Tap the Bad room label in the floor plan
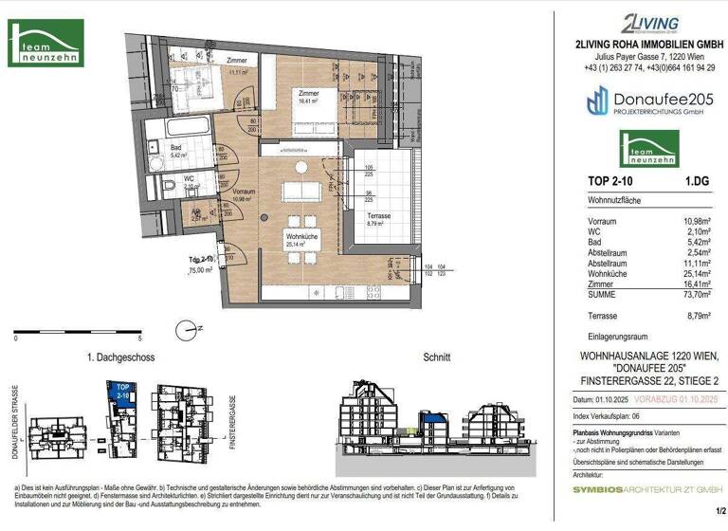pyautogui.click(x=176, y=148)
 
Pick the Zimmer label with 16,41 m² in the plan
pyautogui.click(x=309, y=94)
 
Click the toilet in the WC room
pyautogui.click(x=166, y=186)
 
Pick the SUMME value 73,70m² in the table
pyautogui.click(x=697, y=294)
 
